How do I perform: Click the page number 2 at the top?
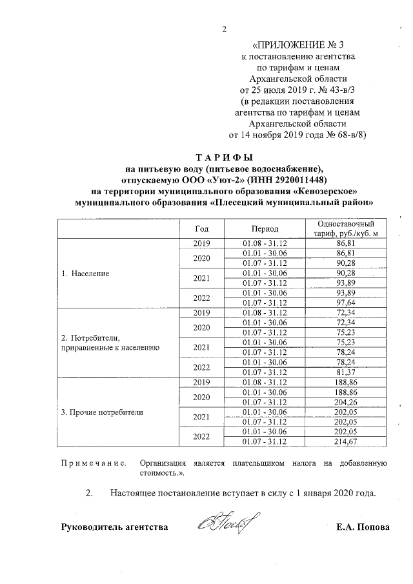coord(224,29)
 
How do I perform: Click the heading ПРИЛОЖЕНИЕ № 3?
coord(297,45)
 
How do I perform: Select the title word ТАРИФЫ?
coord(224,157)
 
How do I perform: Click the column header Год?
coord(202,228)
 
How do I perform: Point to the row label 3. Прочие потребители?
coord(102,411)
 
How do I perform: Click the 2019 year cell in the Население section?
coord(202,243)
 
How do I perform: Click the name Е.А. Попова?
coord(363,527)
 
